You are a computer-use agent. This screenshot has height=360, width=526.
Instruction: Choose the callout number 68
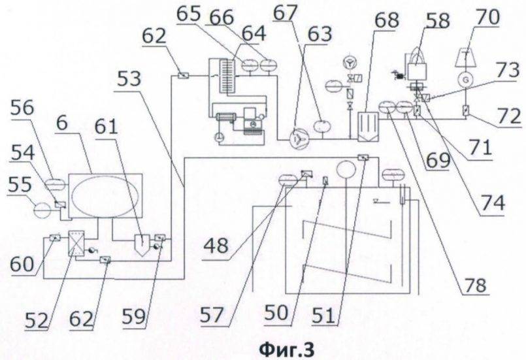pos(385,22)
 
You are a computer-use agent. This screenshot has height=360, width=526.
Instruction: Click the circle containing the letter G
pos(466,79)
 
